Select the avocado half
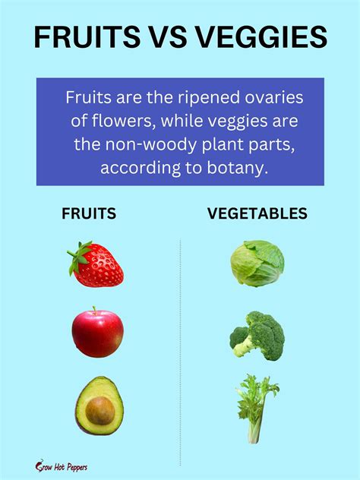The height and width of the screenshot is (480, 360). pos(99,406)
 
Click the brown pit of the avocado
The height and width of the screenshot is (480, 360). pos(99,411)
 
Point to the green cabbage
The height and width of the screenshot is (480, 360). pos(257,264)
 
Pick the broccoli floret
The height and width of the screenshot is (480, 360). pos(257,336)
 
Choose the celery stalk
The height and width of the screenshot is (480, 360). pos(257,409)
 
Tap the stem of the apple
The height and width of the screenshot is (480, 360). pos(95,311)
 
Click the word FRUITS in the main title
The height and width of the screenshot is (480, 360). pos(87,37)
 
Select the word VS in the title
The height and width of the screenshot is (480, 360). pos(168,37)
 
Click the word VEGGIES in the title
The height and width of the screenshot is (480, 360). pos(261,37)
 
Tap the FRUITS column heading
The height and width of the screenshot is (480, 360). pos(89,213)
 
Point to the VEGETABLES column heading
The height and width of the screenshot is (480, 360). pos(257,213)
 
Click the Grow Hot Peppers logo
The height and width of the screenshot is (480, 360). pos(62,466)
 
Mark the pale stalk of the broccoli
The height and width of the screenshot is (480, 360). pos(244,348)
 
